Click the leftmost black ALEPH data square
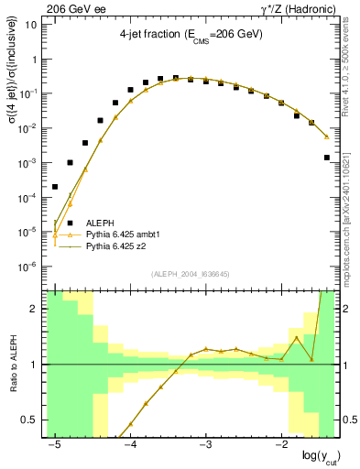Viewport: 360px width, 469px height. (x=55, y=187)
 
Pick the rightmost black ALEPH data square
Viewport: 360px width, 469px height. (x=327, y=158)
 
